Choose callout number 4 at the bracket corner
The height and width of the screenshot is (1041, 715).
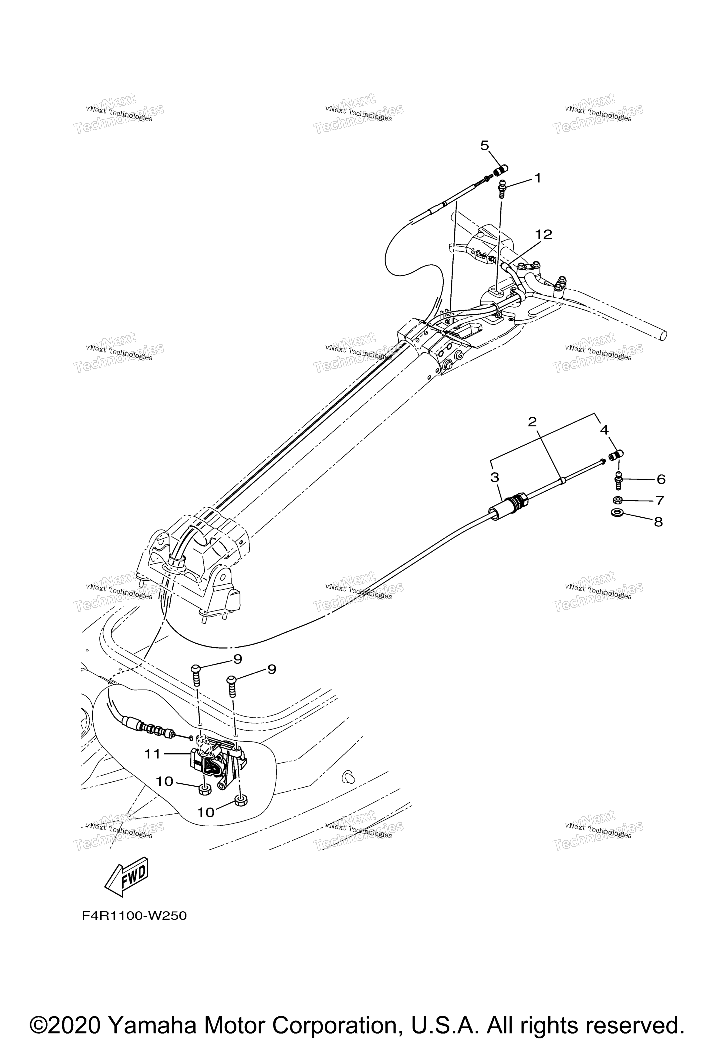coord(604,430)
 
